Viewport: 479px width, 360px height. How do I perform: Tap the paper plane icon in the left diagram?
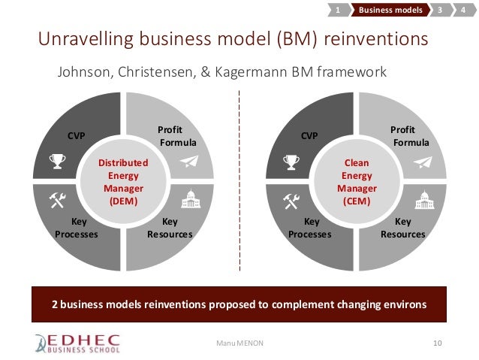point(191,160)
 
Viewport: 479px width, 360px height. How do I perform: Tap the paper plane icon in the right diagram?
point(423,160)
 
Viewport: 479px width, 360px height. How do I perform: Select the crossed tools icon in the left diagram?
point(57,198)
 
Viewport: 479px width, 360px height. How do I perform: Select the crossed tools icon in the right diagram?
point(291,198)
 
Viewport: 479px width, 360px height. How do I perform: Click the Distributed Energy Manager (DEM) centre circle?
point(124,181)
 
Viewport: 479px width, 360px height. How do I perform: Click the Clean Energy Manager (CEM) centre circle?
point(357,181)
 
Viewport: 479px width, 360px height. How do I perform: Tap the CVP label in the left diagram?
point(77,136)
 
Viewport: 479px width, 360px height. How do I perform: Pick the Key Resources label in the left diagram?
point(170,228)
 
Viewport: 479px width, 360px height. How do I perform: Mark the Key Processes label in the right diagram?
point(311,228)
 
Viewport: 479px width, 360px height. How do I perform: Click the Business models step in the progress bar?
point(388,11)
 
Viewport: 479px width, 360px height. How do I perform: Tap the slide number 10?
point(438,343)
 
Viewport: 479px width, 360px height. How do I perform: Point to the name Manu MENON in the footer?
point(235,343)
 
